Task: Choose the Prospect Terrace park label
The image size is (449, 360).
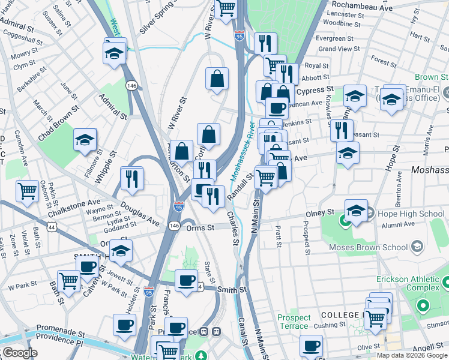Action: pos(294,322)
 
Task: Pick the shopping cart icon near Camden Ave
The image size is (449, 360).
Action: pos(27,190)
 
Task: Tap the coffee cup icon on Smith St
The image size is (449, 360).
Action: pos(186,280)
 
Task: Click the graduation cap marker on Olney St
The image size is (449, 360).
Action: pos(356,211)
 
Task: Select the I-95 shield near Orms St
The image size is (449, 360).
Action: pos(179,206)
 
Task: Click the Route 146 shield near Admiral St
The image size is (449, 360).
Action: pos(132,86)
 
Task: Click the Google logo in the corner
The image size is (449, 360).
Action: pos(20,353)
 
